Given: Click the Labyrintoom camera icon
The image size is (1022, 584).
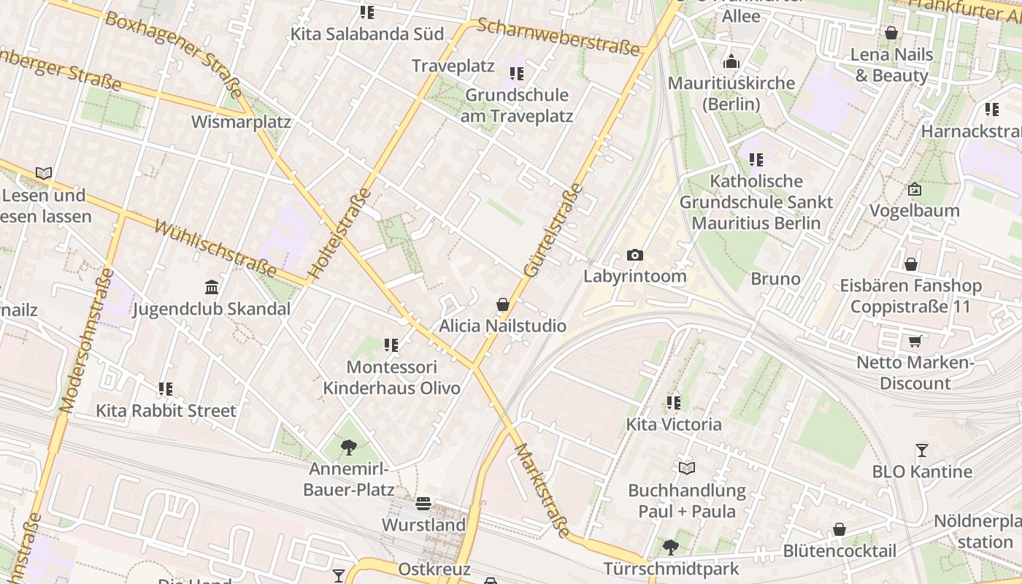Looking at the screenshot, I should point(635,255).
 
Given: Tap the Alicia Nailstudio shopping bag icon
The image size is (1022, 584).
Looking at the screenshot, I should point(502,304).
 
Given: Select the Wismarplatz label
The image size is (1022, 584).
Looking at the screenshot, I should point(241,122).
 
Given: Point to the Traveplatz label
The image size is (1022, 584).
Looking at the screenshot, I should point(453,66).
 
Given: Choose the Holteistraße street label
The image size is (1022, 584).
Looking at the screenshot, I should point(340,234).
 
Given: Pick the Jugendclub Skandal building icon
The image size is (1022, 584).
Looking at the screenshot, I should point(212,286).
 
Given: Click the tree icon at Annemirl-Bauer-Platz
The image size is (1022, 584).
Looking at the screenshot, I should point(349,447).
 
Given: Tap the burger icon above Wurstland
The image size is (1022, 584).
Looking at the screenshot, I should point(423,503).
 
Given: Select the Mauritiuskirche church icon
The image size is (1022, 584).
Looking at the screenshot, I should point(731,61).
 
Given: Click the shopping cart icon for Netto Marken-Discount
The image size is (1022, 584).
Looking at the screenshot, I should point(915,341).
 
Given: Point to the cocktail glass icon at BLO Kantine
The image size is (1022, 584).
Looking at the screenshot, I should point(922,450).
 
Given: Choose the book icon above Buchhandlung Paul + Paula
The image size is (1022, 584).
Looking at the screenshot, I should point(686,468).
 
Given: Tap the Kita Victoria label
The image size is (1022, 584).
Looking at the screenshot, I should point(674,424).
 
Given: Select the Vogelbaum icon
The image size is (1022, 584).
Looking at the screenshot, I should point(914,189).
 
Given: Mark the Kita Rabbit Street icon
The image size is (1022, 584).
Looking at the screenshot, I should point(166,389).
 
